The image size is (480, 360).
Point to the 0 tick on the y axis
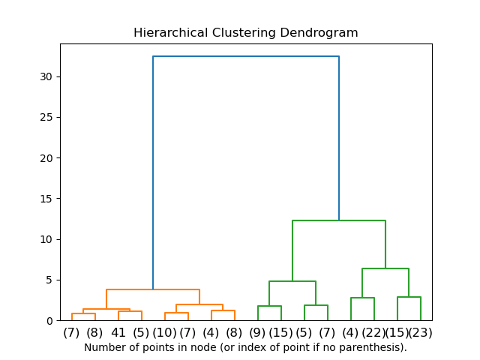pyautogui.click(x=49, y=321)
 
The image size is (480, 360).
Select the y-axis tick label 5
pyautogui.click(x=49, y=280)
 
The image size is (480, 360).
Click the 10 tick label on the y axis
pyautogui.click(x=46, y=239)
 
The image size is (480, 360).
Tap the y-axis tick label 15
pyautogui.click(x=46, y=199)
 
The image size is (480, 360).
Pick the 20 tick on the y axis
pyautogui.click(x=46, y=158)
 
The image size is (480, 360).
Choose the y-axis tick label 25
pyautogui.click(x=46, y=118)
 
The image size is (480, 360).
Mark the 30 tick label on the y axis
pyautogui.click(x=46, y=76)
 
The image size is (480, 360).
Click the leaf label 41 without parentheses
pyautogui.click(x=118, y=332)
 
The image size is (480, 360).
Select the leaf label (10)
pyautogui.click(x=164, y=332)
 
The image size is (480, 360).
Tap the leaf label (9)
pyautogui.click(x=257, y=332)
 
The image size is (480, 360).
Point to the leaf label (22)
pyautogui.click(x=373, y=332)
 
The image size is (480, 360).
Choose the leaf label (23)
pyautogui.click(x=420, y=332)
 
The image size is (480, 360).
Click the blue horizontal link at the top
pyautogui.click(x=246, y=56)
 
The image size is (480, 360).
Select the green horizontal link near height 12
pyautogui.click(x=339, y=220)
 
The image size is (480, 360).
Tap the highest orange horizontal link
pyautogui.click(x=153, y=289)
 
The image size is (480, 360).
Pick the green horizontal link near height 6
pyautogui.click(x=385, y=268)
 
